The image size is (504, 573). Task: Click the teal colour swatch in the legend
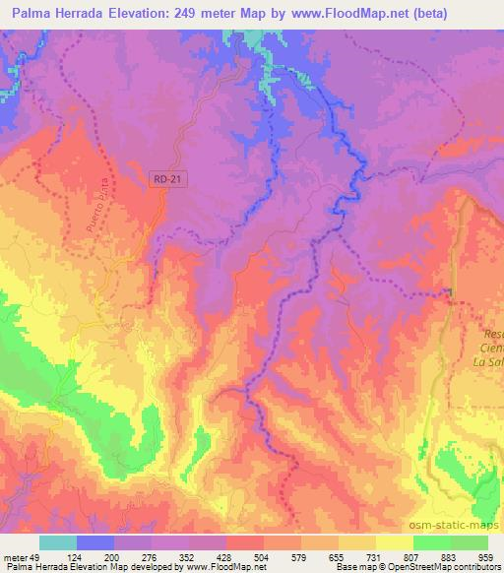coord(58,542)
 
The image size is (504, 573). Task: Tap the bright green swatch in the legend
coord(431,542)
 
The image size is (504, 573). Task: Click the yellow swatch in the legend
coord(394,542)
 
